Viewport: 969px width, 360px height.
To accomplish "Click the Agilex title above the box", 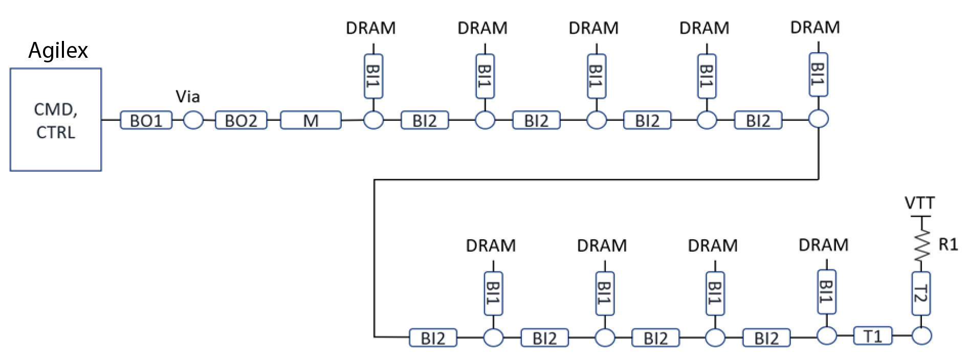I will pos(58,51).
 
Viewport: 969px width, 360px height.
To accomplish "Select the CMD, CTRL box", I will pos(55,120).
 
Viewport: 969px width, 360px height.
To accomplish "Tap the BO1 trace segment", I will pos(146,121).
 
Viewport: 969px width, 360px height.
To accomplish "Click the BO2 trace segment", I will pos(241,121).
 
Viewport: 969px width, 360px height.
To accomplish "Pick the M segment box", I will pos(311,121).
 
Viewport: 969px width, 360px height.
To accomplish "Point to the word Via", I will pos(188,97).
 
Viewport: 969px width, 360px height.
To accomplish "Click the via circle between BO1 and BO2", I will pos(193,121).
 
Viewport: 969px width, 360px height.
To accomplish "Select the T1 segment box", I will pos(873,336).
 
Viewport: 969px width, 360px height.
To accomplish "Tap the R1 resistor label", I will pos(948,245).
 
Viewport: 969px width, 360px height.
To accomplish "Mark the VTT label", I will pos(920,204).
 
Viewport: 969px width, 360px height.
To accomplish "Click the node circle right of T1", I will pos(921,336).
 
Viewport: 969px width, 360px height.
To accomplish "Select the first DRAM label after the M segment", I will pos(371,28).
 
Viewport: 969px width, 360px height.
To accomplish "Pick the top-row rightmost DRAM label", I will pos(815,27).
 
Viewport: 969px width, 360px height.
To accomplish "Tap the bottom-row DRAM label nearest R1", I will pos(823,245).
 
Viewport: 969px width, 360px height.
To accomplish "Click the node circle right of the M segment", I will pos(373,121).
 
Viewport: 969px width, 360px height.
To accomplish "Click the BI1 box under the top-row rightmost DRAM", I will pos(818,75).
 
